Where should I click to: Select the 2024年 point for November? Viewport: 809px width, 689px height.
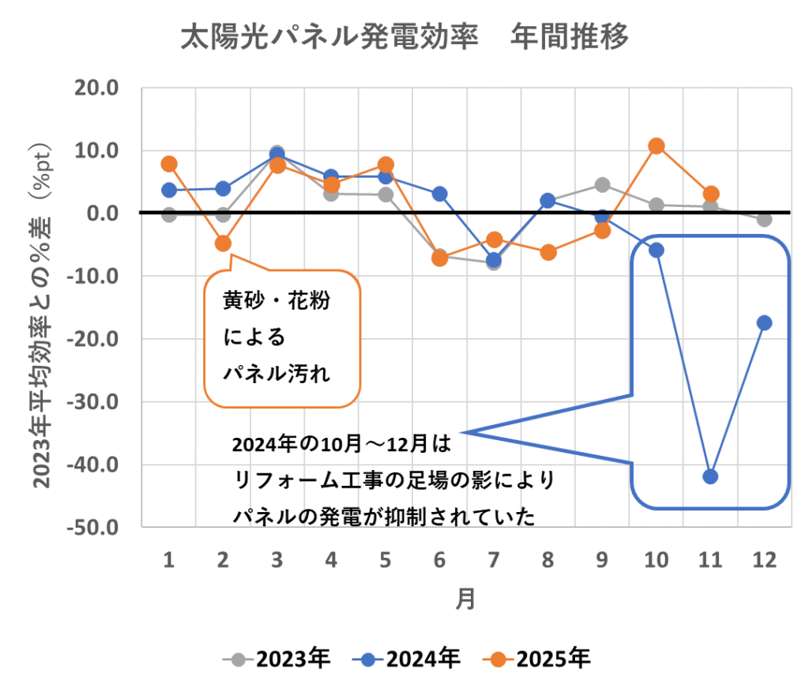click(710, 476)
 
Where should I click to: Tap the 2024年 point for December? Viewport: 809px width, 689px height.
click(764, 322)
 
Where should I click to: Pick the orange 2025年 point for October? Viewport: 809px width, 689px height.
click(656, 145)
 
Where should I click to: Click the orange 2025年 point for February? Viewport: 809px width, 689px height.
click(223, 243)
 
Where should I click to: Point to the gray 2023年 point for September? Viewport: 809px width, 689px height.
click(602, 185)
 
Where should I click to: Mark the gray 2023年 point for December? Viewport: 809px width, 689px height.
click(764, 219)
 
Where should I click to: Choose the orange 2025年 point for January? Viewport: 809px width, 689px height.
click(169, 164)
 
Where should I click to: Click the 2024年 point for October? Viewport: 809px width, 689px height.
click(656, 250)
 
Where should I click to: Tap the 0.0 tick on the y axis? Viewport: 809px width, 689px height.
click(103, 213)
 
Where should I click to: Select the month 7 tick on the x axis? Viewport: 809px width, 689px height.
click(493, 561)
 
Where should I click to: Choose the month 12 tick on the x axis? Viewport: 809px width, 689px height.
click(764, 561)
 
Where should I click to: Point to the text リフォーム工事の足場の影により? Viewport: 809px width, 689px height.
click(394, 480)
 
